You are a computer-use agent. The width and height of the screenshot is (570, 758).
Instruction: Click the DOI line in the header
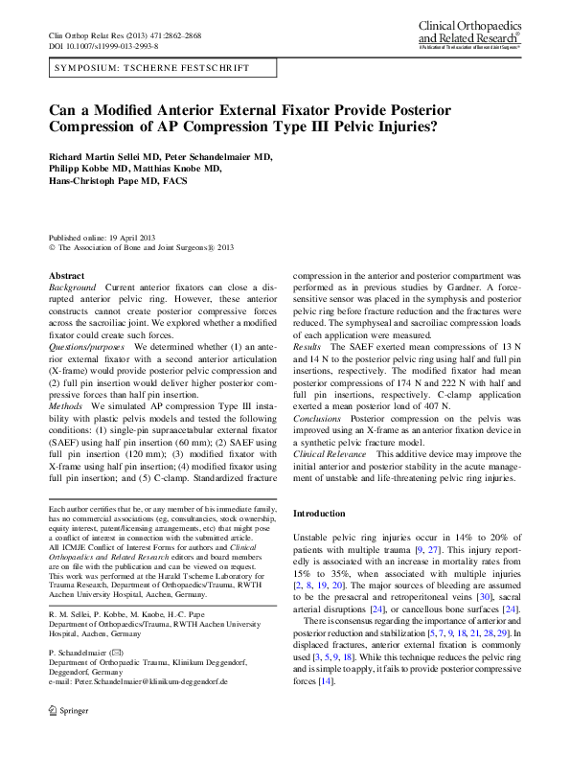click(103, 45)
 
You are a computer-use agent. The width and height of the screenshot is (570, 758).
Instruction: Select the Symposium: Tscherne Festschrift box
click(151, 68)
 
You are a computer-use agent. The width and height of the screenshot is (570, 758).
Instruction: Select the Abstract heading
click(66, 275)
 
